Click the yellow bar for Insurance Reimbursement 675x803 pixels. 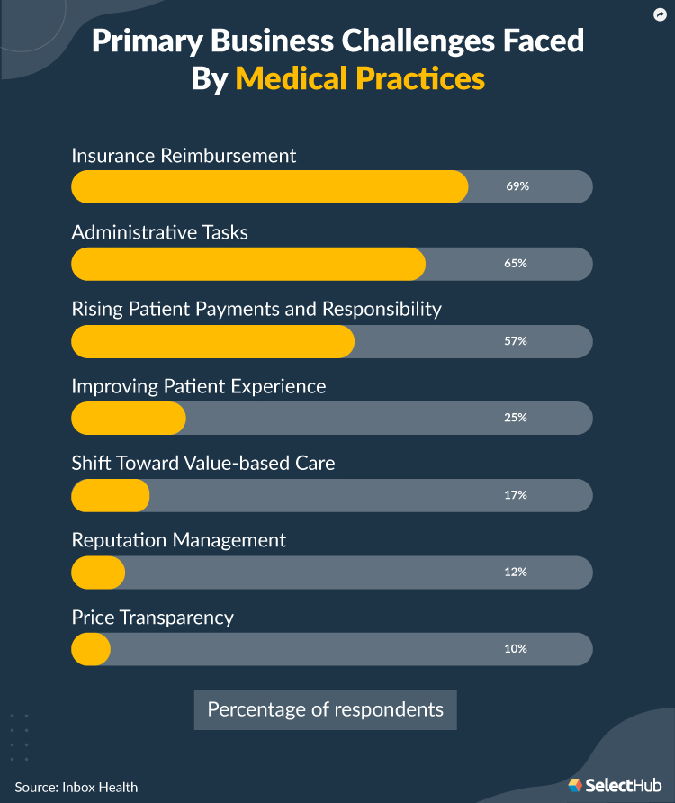click(269, 187)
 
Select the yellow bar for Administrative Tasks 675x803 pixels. click(247, 264)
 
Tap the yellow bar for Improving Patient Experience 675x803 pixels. click(128, 418)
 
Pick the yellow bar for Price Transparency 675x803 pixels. click(91, 648)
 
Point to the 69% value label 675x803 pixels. click(517, 187)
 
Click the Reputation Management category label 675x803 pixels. click(178, 540)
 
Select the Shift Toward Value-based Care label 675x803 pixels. click(202, 463)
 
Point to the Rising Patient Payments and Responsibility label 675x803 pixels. click(256, 309)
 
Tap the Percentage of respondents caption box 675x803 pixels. click(325, 709)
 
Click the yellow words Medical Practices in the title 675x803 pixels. click(360, 78)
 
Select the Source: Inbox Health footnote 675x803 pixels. click(76, 787)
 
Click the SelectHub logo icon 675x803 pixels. click(575, 785)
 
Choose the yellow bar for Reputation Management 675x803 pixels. click(98, 572)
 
